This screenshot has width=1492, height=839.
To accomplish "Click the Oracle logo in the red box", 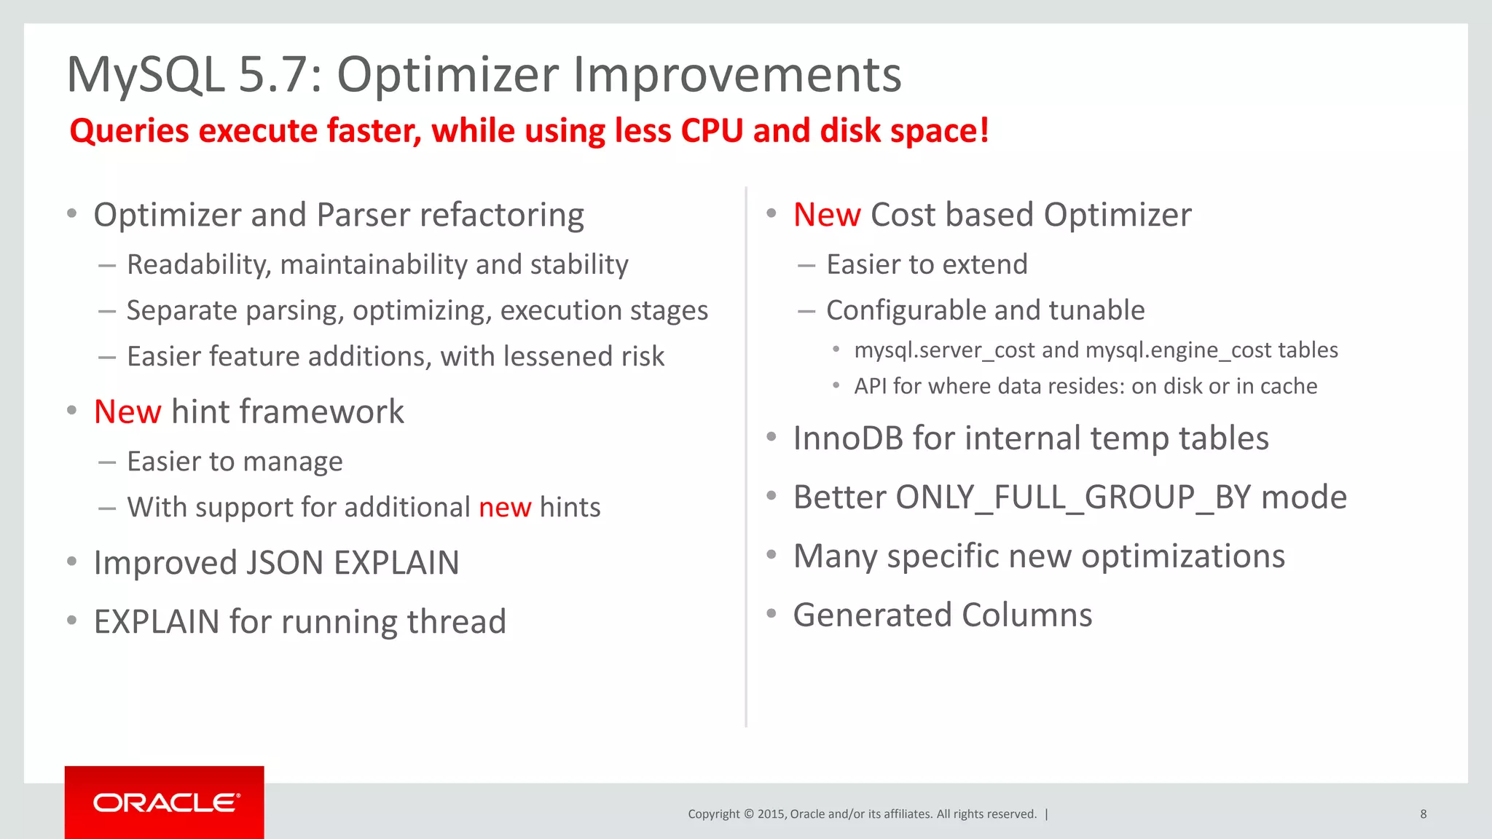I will point(166,803).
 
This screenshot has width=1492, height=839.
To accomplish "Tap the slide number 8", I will point(1423,814).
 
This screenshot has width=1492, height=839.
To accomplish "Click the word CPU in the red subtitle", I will point(712,131).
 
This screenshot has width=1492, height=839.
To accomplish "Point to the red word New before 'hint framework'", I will point(127,412).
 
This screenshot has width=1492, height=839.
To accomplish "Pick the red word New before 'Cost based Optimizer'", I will point(827,215).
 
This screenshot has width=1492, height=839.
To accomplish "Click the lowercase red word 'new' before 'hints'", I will point(505,508).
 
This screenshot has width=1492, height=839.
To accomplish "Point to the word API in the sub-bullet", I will point(871,386).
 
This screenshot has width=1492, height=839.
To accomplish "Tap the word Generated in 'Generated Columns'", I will point(872,615).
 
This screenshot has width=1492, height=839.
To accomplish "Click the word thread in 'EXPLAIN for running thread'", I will point(456,622).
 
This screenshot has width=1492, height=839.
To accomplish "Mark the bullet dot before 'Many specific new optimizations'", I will point(771,555).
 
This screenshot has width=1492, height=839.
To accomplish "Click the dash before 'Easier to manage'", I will point(107,462).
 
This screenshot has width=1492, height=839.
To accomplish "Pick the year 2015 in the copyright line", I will point(771,814).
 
